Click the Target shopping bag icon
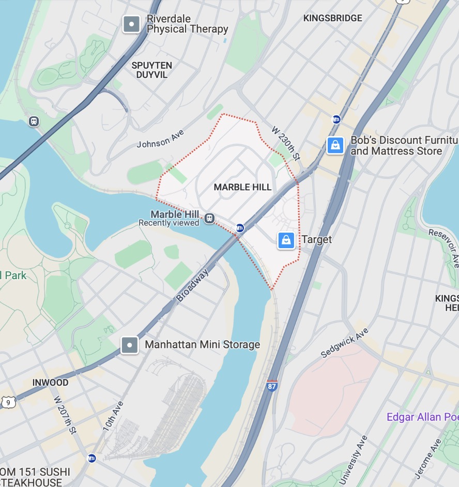[286, 240]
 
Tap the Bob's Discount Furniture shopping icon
[335, 145]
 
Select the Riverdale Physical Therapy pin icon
[131, 24]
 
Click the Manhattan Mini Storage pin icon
[129, 345]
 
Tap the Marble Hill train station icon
[209, 218]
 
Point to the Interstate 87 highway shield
[272, 385]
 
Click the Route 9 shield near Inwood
[7, 402]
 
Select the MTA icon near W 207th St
[91, 458]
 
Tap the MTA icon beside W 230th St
[336, 120]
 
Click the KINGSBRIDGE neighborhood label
[332, 18]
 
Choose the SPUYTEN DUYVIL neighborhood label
[152, 70]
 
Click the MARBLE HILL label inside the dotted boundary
[242, 187]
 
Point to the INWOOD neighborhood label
[50, 383]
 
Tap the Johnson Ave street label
[160, 139]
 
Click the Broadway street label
[192, 285]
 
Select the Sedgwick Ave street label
[344, 343]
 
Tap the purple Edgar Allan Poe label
[422, 417]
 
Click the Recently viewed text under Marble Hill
[169, 223]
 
